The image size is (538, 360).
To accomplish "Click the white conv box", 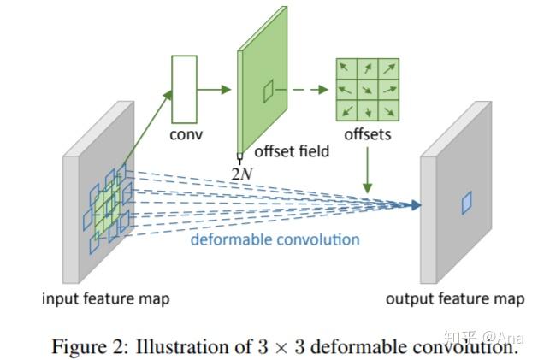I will pyautogui.click(x=185, y=89).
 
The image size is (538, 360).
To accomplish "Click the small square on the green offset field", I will pyautogui.click(x=269, y=88).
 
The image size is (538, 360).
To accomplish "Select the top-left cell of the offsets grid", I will pyautogui.click(x=347, y=68).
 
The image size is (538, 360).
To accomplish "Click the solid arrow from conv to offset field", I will pyautogui.click(x=216, y=89).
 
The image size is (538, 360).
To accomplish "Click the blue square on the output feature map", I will pyautogui.click(x=466, y=202).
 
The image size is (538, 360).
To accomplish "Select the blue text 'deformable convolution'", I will pyautogui.click(x=275, y=239).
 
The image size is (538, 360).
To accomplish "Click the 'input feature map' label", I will pyautogui.click(x=105, y=298).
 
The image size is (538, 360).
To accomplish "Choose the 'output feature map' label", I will pyautogui.click(x=454, y=298).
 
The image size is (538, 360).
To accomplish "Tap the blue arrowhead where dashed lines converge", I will pyautogui.click(x=416, y=204).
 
